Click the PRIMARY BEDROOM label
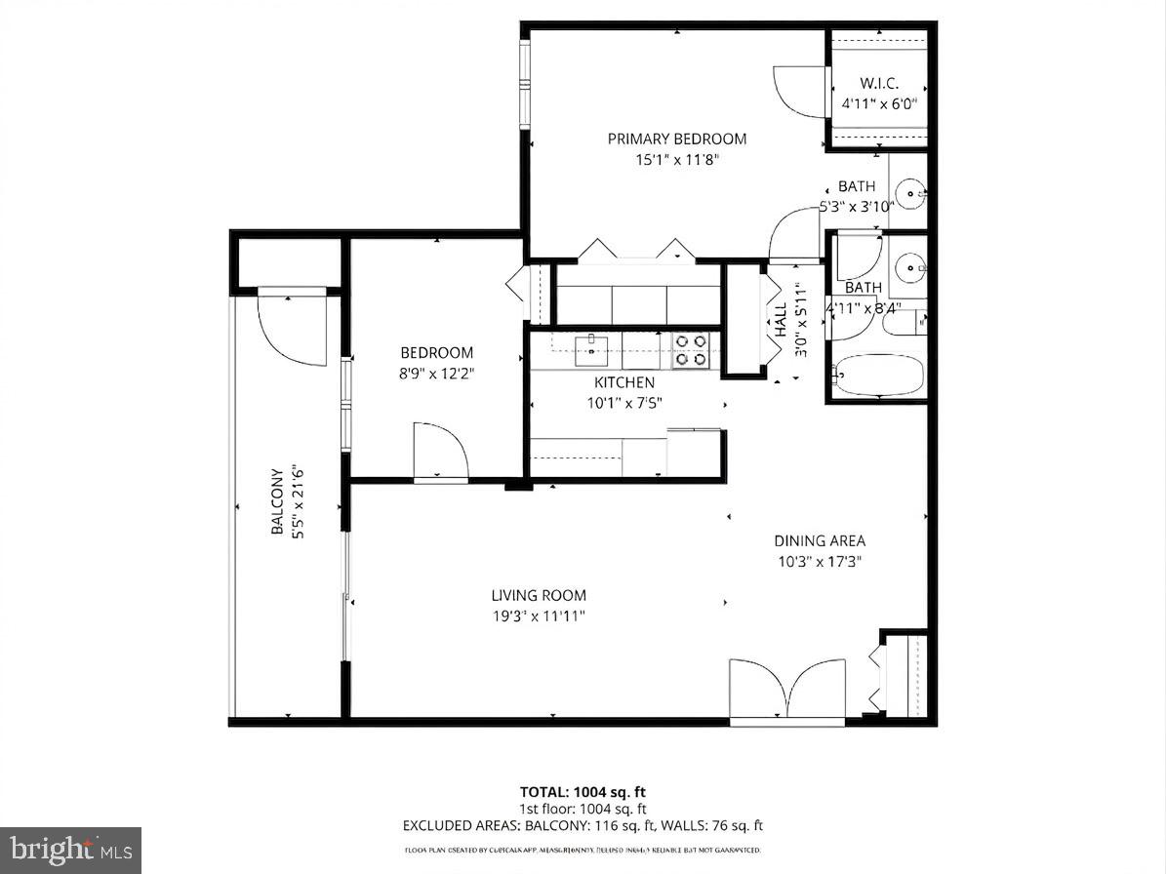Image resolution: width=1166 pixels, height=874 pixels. coord(676,139)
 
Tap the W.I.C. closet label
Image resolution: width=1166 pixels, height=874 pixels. coord(878,83)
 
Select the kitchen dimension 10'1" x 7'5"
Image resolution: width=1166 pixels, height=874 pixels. coord(624,402)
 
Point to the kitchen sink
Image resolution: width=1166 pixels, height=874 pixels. coord(591,346)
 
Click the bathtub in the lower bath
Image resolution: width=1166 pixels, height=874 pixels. coord(879,375)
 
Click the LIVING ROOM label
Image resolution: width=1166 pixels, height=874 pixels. coord(539,595)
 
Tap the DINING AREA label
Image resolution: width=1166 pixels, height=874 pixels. coord(819,540)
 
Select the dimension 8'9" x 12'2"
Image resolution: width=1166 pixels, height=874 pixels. coord(436,373)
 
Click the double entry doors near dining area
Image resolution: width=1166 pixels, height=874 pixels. coord(787,691)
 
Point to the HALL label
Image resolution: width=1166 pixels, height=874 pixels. coord(782,318)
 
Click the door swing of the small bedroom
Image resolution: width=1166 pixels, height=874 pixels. coord(439,451)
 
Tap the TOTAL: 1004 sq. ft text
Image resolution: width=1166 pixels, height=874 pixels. coord(582,791)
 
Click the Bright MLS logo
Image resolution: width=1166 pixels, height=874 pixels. coord(70,850)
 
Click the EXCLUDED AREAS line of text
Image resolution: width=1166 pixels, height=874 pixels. coord(582,825)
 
